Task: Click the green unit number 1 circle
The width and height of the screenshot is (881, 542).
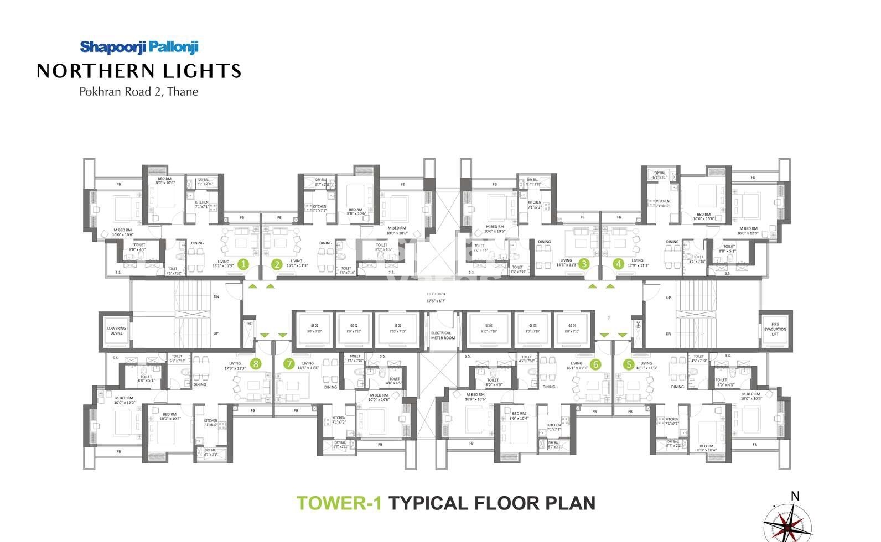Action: [243, 264]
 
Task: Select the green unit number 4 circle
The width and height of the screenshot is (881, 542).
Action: [619, 264]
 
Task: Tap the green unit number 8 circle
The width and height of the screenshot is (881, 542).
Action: [255, 363]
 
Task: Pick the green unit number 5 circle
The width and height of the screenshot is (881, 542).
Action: [629, 364]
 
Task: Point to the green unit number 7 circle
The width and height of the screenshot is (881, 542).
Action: [289, 363]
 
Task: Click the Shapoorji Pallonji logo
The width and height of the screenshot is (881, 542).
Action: [139, 47]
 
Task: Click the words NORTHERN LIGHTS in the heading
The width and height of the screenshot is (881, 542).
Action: [139, 71]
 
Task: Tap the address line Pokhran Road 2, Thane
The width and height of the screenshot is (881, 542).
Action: [139, 92]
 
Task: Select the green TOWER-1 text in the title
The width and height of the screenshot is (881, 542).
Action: [339, 503]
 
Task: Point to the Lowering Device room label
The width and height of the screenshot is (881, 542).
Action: [116, 330]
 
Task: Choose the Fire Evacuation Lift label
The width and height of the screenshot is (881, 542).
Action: [775, 329]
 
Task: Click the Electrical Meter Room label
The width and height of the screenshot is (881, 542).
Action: [443, 335]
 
